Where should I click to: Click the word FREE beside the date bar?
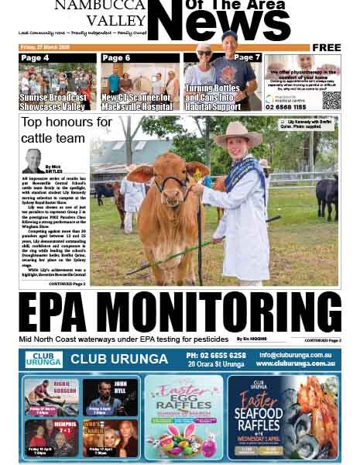pos(326,47)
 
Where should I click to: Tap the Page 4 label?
pos(35,58)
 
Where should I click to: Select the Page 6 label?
pos(116,58)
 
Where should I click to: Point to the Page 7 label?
pos(247,57)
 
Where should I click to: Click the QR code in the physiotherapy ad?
pos(331,99)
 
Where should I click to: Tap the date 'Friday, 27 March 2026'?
pos(47,47)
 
